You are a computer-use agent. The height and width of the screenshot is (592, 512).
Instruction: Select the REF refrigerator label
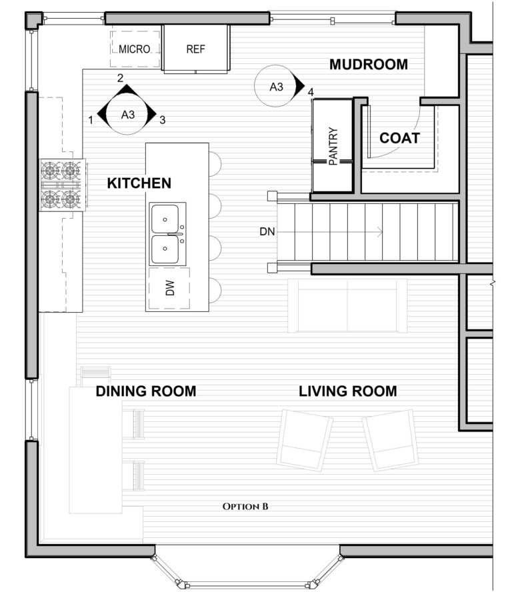[x=196, y=49]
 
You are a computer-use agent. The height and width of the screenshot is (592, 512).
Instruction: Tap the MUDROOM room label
[x=368, y=65]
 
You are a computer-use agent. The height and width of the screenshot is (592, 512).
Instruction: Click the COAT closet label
[x=399, y=138]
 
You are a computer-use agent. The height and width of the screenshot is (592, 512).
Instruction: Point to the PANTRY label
[x=334, y=146]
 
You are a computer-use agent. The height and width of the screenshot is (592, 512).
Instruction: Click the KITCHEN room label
[x=139, y=183]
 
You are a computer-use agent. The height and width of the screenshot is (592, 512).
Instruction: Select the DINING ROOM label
[x=146, y=391]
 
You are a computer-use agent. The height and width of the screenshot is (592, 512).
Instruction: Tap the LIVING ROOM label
[x=347, y=391]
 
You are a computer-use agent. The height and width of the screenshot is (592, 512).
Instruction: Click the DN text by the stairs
[x=267, y=232]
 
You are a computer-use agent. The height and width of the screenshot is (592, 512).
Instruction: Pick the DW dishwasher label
[x=169, y=288]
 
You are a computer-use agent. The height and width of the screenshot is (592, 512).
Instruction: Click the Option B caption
[x=245, y=507]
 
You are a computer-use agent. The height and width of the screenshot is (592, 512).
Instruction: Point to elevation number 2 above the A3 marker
[x=121, y=78]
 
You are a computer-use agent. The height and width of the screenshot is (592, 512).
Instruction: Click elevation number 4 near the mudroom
[x=310, y=91]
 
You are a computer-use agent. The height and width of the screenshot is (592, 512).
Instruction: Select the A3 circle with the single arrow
[x=276, y=87]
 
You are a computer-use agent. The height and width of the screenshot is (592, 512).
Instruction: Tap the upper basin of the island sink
[x=165, y=218]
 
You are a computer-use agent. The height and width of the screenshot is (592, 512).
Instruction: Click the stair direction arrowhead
[x=379, y=232]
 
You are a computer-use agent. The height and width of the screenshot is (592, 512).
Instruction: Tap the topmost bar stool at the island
[x=215, y=164]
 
